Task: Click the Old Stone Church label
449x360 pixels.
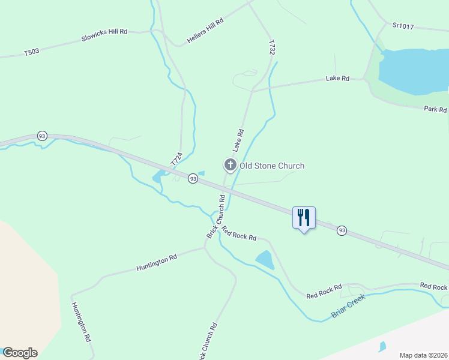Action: click(x=272, y=166)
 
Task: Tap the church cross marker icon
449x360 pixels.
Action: click(x=229, y=164)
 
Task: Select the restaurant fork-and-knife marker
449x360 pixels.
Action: click(x=304, y=217)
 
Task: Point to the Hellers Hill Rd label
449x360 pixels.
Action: click(x=205, y=29)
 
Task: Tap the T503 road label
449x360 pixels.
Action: click(x=32, y=52)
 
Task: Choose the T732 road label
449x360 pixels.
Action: click(x=272, y=48)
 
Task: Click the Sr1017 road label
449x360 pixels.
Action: click(x=404, y=25)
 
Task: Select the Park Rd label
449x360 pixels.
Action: click(x=435, y=110)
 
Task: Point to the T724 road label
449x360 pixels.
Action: click(x=176, y=159)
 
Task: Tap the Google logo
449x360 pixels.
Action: click(x=20, y=353)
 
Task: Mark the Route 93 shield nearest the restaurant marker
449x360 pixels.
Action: click(x=342, y=230)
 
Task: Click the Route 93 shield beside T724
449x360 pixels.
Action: click(x=192, y=179)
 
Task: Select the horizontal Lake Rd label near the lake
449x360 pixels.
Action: click(x=337, y=78)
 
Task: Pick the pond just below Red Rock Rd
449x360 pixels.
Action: click(x=265, y=260)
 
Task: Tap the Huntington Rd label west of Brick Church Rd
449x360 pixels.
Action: click(x=157, y=259)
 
